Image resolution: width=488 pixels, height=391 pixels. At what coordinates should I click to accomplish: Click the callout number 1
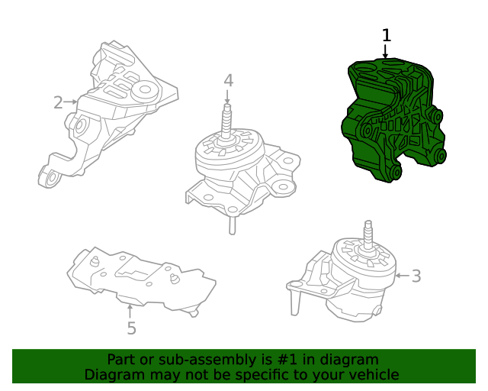[386, 35]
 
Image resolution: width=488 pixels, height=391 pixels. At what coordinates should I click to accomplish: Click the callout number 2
[58, 102]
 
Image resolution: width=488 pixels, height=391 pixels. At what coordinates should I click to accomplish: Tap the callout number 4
[228, 80]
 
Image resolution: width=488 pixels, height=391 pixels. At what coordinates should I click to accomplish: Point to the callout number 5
[131, 328]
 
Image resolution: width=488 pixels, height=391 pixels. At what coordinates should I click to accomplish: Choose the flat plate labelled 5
[141, 279]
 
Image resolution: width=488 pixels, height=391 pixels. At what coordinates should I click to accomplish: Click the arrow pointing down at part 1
[386, 52]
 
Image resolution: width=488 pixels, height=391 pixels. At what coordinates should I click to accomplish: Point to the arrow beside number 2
[72, 102]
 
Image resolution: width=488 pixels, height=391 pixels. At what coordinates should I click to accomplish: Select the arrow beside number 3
[402, 275]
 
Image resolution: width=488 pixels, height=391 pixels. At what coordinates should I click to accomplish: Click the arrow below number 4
[227, 98]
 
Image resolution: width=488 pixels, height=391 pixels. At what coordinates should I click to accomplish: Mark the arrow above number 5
[130, 310]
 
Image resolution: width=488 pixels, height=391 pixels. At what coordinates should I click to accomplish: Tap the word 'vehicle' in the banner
[372, 374]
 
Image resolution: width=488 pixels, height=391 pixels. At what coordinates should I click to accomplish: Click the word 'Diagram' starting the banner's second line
[111, 374]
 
